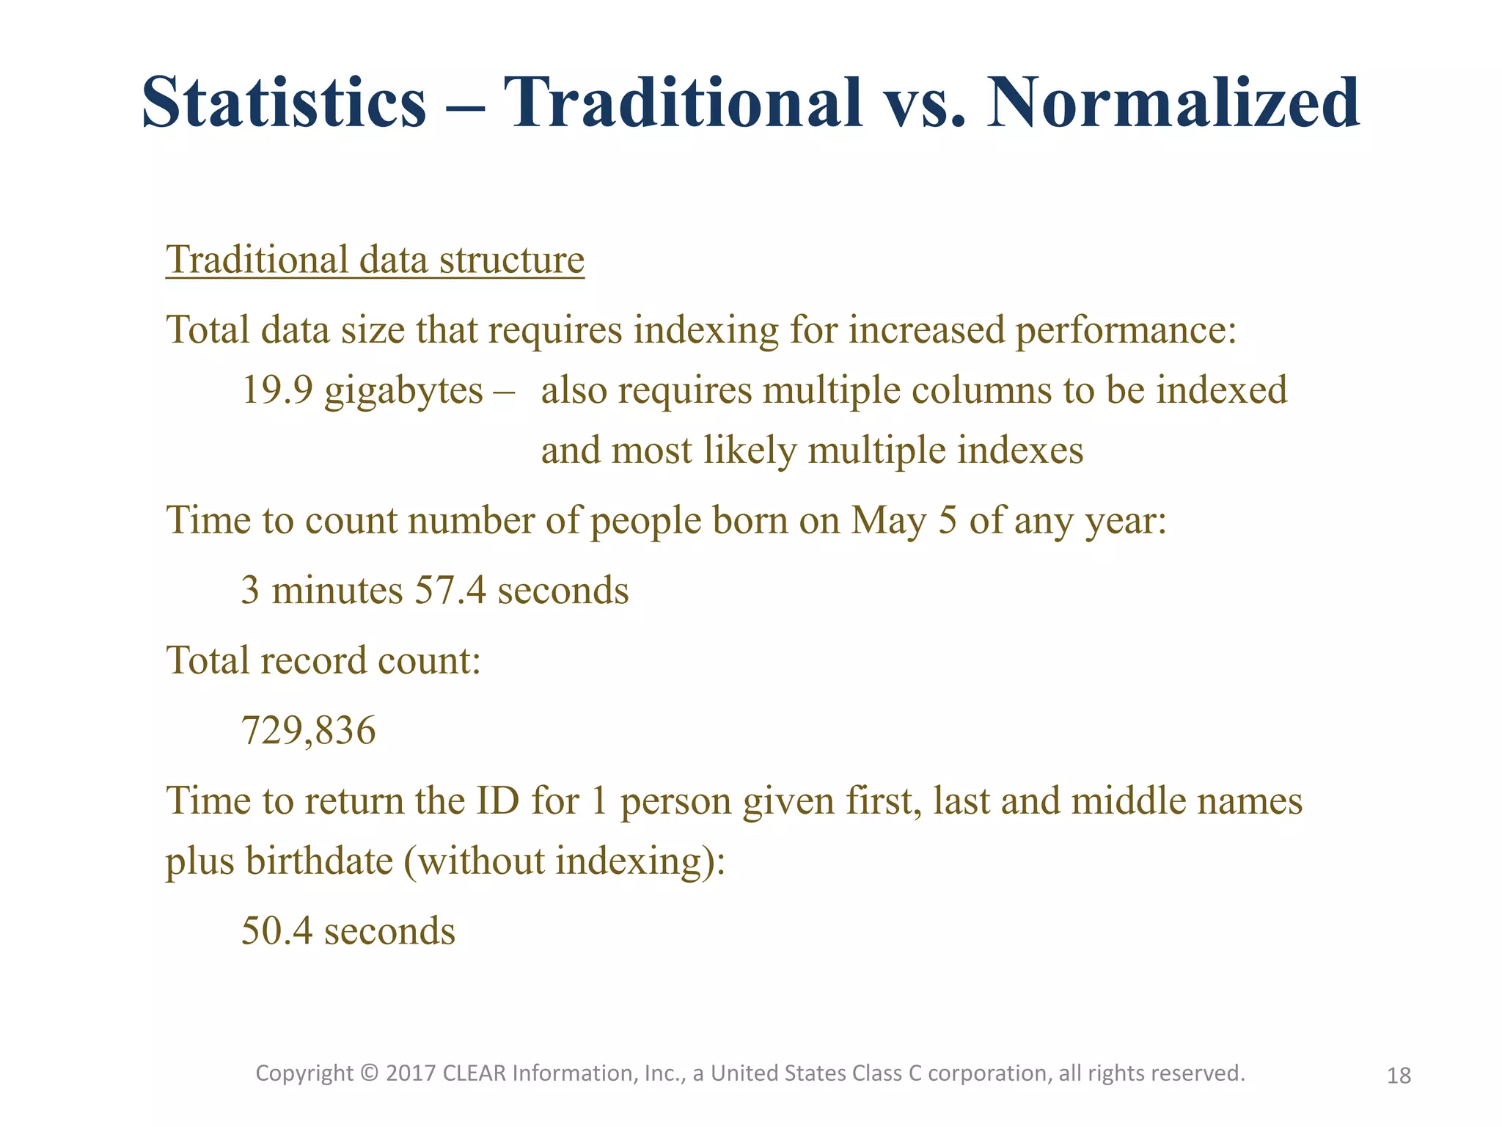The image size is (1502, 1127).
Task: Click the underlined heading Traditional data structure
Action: [375, 260]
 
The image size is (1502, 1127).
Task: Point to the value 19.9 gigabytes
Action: [362, 390]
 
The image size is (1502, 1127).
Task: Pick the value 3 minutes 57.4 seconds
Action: [435, 590]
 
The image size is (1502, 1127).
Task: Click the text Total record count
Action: [323, 660]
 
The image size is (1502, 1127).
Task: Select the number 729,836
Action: [308, 731]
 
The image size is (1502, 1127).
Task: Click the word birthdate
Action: [320, 861]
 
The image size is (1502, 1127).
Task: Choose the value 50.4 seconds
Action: [348, 931]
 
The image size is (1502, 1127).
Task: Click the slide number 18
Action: [1399, 1076]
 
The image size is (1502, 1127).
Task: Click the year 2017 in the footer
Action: [411, 1073]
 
